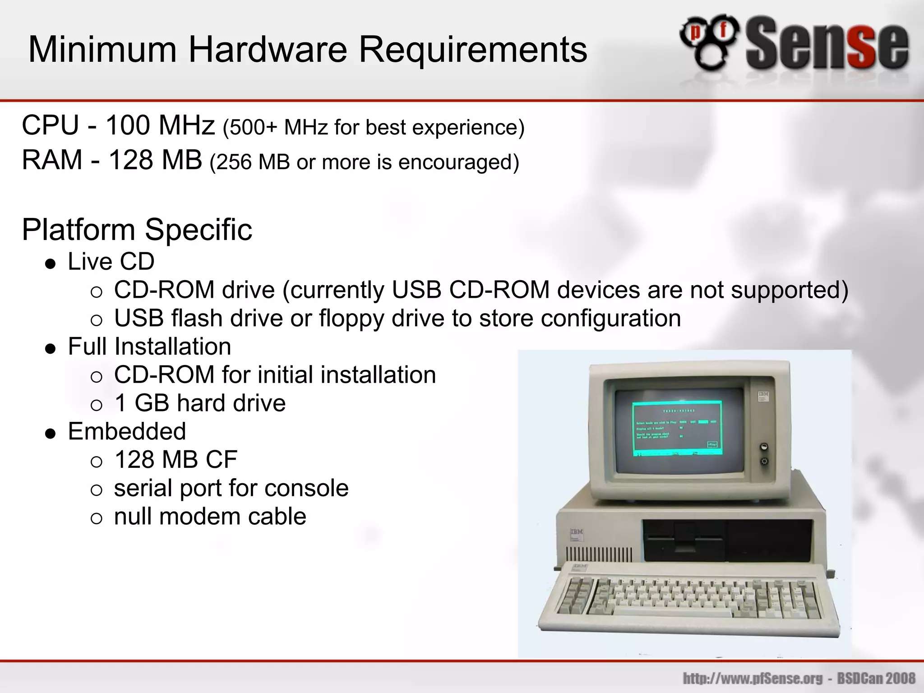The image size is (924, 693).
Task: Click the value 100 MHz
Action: point(160,125)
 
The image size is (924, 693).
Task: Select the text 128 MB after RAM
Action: point(155,160)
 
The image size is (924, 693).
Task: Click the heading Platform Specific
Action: point(137,230)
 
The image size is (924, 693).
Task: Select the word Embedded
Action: point(127,431)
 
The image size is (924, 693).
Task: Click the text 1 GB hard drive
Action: point(200,403)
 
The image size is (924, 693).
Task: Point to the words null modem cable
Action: point(210,517)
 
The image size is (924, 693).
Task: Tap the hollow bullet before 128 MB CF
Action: point(97,462)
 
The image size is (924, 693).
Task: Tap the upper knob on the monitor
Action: point(764,447)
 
